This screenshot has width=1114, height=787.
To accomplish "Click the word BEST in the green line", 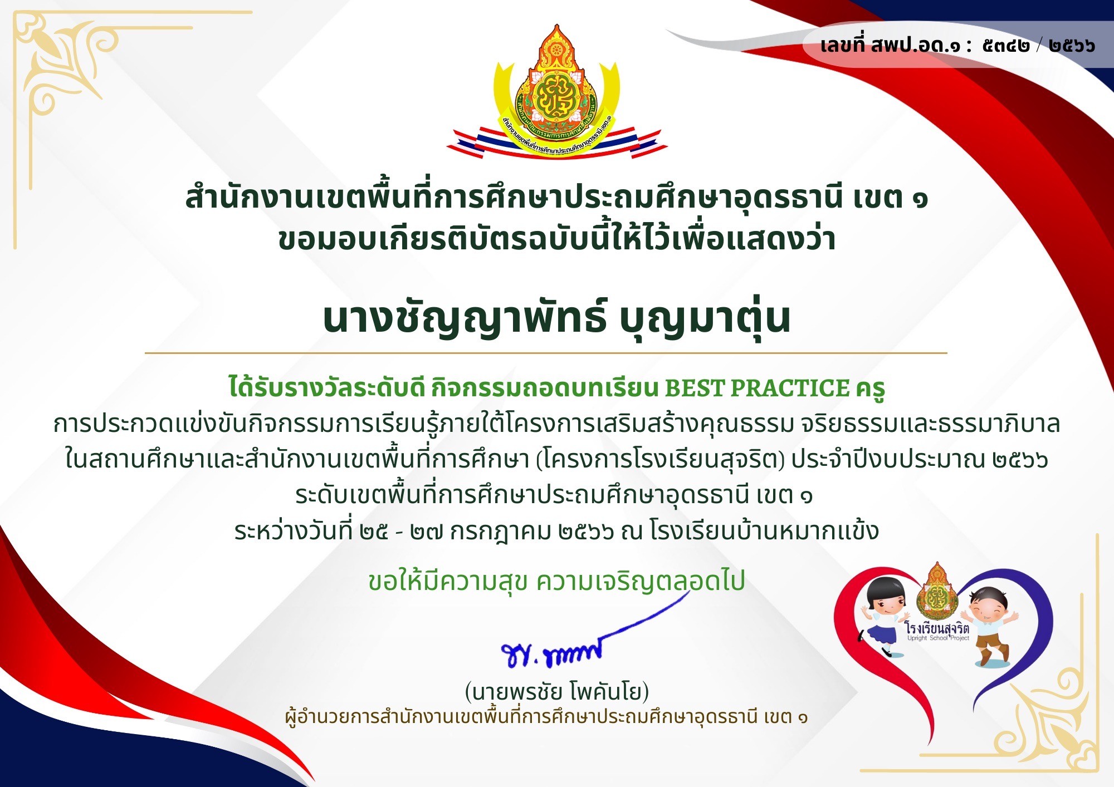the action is click(694, 388).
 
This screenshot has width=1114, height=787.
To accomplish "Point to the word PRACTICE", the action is click(790, 388).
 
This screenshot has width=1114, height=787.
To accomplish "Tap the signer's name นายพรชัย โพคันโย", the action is click(557, 692).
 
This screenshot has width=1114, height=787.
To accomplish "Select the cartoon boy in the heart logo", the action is click(989, 626).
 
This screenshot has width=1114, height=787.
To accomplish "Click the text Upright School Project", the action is click(938, 638).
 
